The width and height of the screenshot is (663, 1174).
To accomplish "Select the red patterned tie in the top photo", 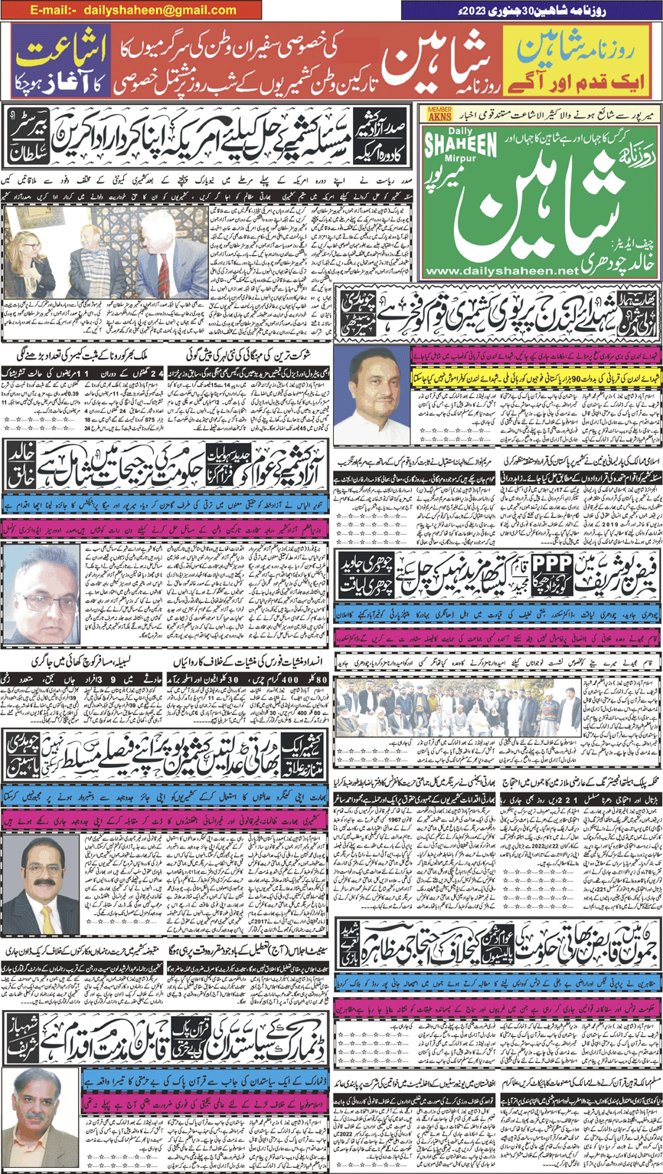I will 164,267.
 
